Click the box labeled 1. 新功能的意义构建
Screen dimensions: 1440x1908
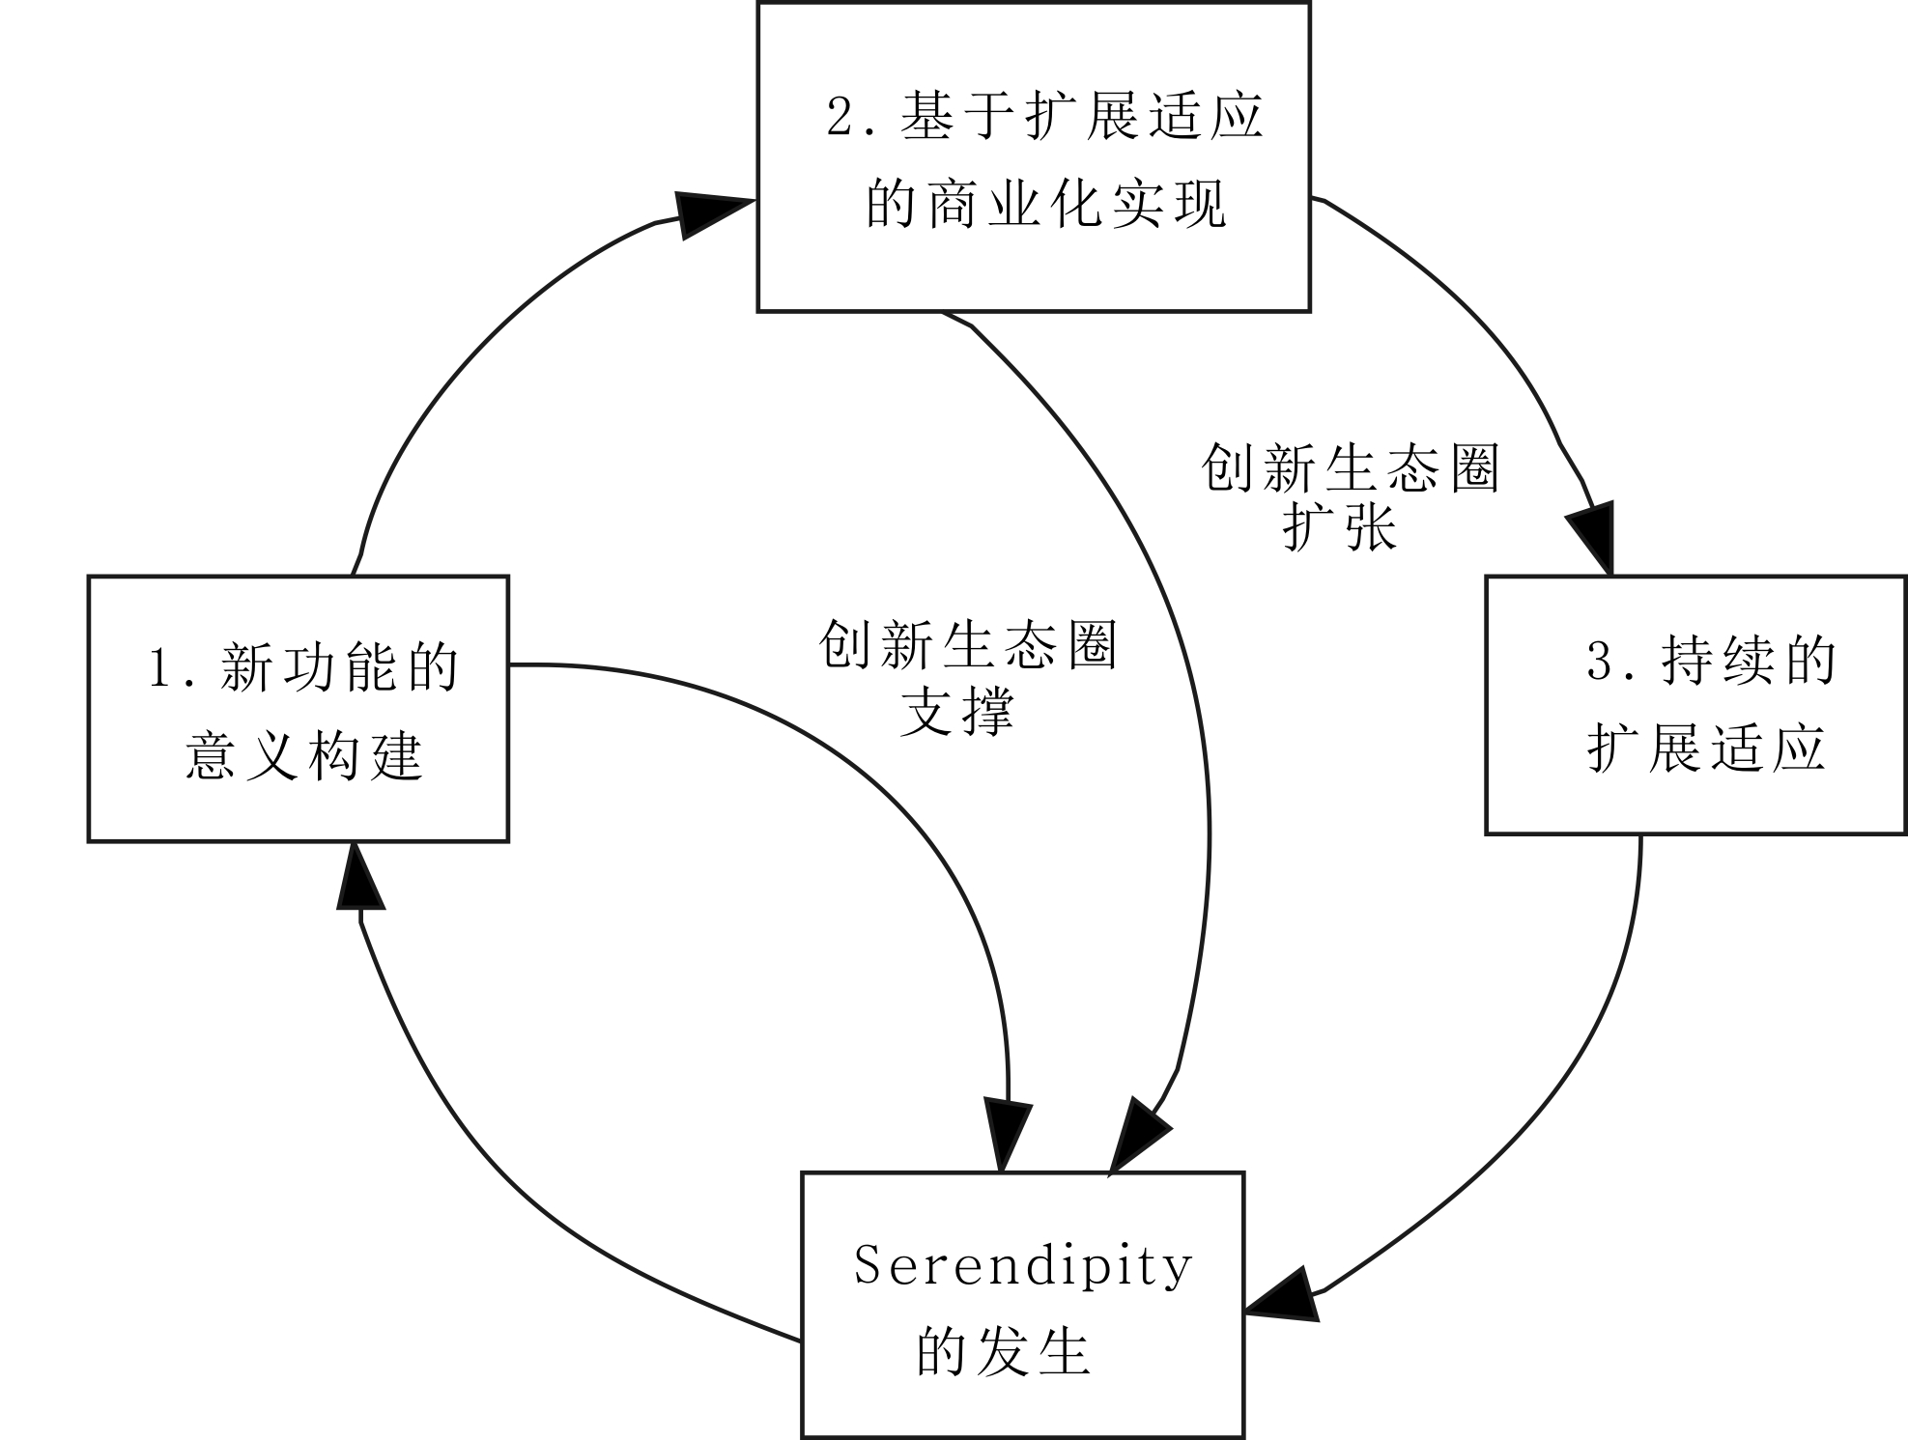(x=298, y=708)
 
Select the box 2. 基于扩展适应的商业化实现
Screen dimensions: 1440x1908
(x=1033, y=156)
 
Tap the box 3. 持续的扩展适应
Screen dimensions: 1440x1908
(x=1695, y=704)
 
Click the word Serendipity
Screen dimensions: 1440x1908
(x=1023, y=1265)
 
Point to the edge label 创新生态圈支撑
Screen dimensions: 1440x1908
(x=967, y=676)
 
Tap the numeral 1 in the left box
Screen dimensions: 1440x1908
(x=160, y=667)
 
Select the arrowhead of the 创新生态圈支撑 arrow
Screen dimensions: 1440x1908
(x=1006, y=1132)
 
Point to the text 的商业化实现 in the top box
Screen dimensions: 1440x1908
(x=1045, y=203)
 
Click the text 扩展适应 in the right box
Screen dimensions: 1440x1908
(x=1705, y=748)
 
